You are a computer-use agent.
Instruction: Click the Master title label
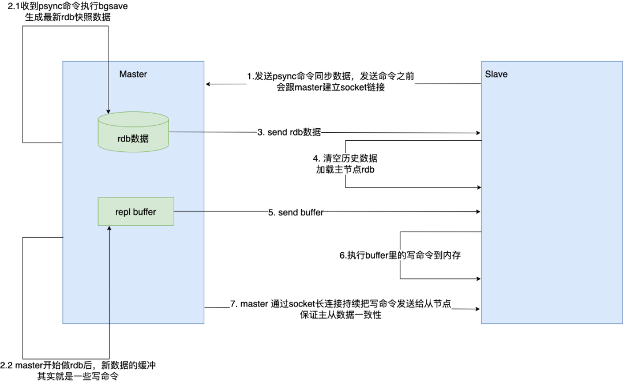[x=133, y=74]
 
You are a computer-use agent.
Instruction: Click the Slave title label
[x=496, y=74]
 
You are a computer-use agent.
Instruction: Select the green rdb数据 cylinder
[x=133, y=132]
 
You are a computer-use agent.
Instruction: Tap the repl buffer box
[x=136, y=212]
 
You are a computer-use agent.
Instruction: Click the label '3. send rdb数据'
[x=289, y=132]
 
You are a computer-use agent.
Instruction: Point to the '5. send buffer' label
[x=295, y=212]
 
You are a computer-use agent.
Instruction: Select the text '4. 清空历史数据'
[x=345, y=158]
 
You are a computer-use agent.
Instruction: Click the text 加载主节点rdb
[x=345, y=169]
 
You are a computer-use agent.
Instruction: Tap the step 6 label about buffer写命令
[x=400, y=255]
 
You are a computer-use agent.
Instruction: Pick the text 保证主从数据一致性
[x=341, y=315]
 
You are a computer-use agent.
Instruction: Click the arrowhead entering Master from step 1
[x=208, y=84]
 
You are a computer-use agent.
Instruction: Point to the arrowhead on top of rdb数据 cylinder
[x=108, y=111]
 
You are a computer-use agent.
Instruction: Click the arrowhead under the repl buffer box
[x=109, y=228]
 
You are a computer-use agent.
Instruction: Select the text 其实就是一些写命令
[x=78, y=376]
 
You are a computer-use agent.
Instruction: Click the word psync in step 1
[x=284, y=76]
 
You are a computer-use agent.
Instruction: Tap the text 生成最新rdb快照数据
[x=68, y=17]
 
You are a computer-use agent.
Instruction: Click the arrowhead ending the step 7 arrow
[x=477, y=309]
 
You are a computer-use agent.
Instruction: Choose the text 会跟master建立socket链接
[x=331, y=87]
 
